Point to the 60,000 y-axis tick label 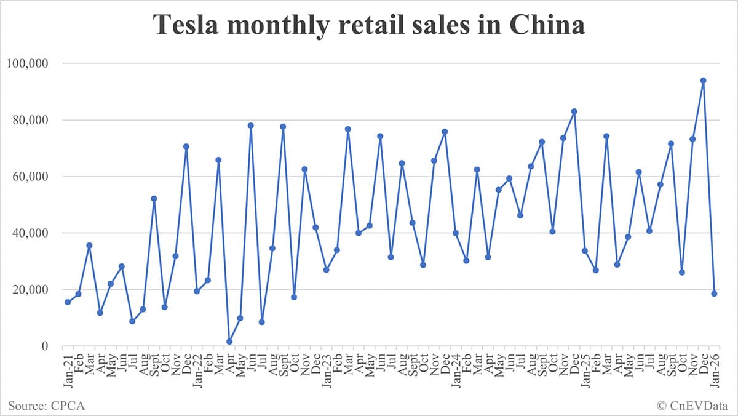click(x=30, y=177)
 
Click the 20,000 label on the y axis click(x=30, y=290)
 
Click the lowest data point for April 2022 click(x=229, y=342)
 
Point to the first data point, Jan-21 click(x=68, y=302)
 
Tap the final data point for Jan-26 click(x=714, y=294)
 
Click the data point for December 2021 click(x=186, y=146)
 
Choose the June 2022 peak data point click(x=251, y=126)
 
